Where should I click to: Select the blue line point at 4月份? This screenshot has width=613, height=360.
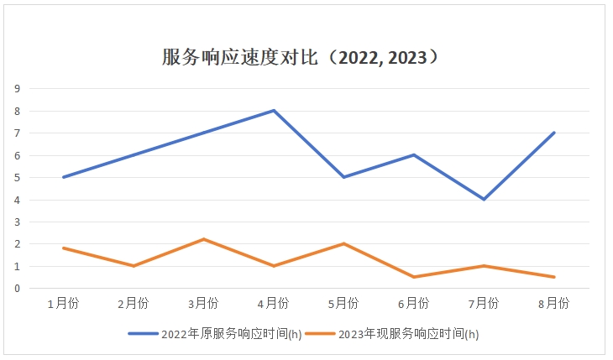click(x=274, y=110)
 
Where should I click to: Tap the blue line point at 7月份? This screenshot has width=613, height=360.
click(x=484, y=199)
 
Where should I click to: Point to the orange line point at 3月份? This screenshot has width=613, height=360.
click(x=203, y=239)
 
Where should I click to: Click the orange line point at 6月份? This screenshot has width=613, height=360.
click(x=414, y=277)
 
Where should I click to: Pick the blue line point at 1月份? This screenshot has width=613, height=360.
click(x=63, y=177)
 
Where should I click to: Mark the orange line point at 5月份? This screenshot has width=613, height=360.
click(x=343, y=243)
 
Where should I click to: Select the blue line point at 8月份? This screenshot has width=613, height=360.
click(x=554, y=133)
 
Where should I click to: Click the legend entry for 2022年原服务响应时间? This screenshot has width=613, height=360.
click(x=215, y=334)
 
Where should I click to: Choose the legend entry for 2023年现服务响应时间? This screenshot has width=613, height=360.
click(x=391, y=334)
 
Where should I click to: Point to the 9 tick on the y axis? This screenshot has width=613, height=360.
click(x=17, y=88)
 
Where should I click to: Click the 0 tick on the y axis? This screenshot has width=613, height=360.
click(x=17, y=288)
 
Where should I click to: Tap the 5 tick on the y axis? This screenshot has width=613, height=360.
click(x=17, y=177)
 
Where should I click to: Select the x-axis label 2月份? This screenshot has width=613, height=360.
click(x=133, y=303)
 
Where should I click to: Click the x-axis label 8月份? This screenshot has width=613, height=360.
click(x=554, y=303)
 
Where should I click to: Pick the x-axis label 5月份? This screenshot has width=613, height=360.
click(x=343, y=303)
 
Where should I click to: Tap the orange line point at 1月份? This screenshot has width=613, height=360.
click(x=63, y=248)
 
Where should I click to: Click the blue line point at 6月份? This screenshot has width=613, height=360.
click(x=414, y=154)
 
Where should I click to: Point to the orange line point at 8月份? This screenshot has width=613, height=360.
click(x=554, y=277)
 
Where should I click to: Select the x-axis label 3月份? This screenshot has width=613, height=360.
click(x=203, y=303)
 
